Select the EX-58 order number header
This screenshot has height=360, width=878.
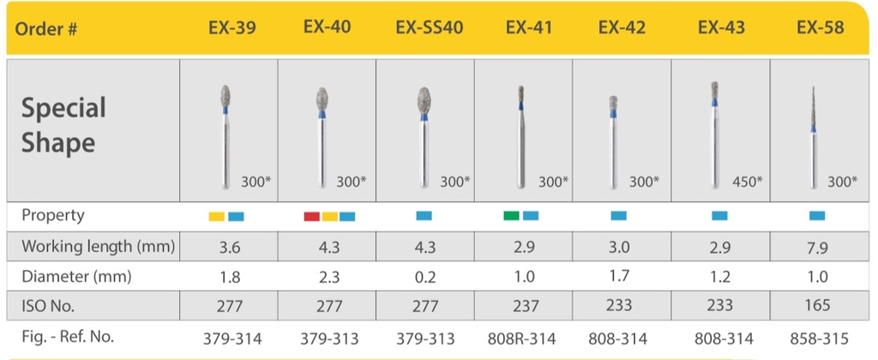click(x=820, y=27)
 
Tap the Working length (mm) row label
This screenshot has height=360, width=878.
click(x=99, y=247)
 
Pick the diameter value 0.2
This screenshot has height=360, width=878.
click(x=425, y=276)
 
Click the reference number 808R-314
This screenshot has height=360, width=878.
click(x=524, y=338)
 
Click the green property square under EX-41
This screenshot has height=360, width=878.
click(x=511, y=216)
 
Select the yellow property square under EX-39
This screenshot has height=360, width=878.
click(x=217, y=216)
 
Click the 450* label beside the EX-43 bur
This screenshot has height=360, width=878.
click(x=745, y=182)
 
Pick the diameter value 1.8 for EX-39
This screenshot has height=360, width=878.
click(x=229, y=276)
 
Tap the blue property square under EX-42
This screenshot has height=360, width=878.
click(x=619, y=216)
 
